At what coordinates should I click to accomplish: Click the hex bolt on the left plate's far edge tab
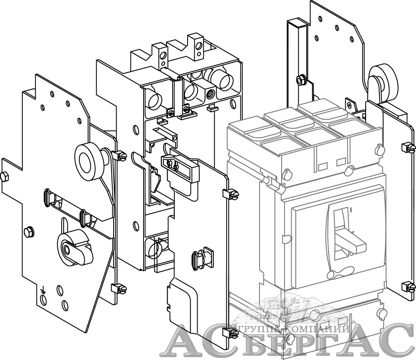[x=5, y=176]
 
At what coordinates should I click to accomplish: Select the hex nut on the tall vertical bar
[x=300, y=79]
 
